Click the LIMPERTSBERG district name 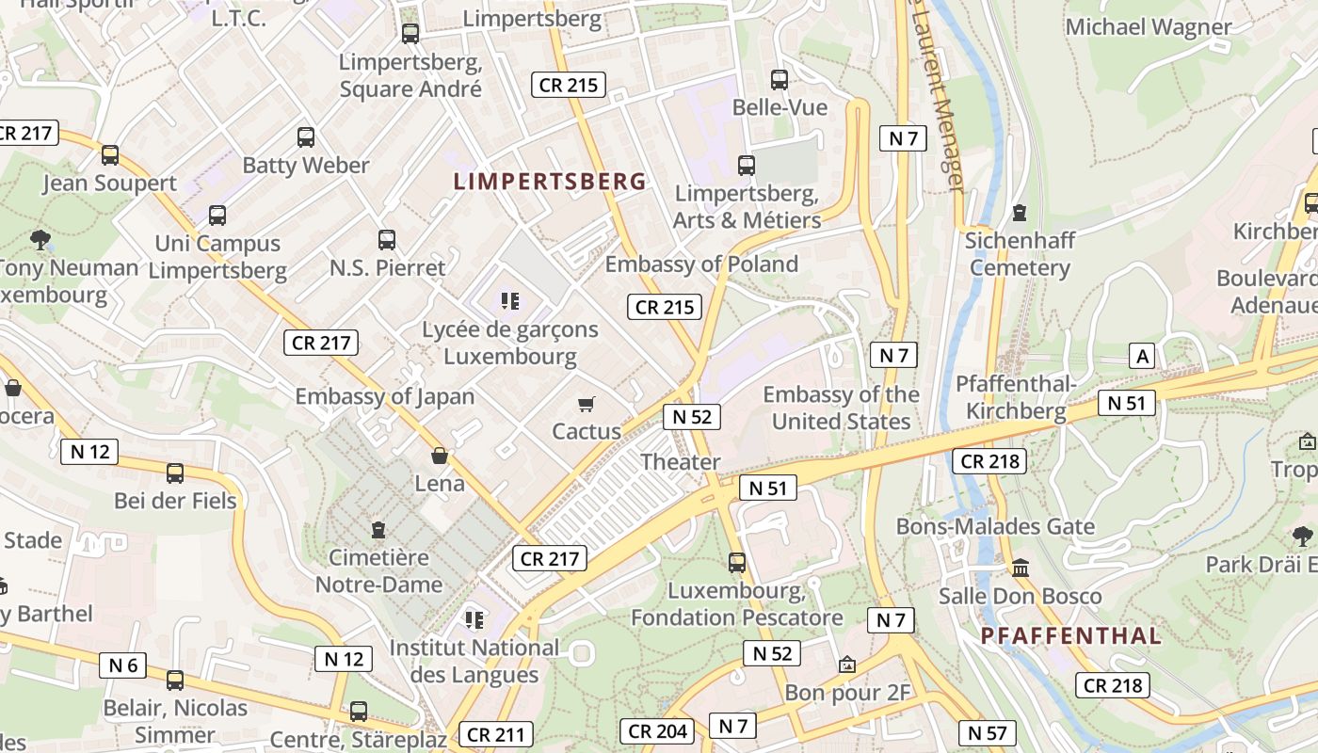550,182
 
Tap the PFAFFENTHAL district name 1070,635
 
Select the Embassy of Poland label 701,264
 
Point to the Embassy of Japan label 385,396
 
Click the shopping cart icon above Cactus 587,405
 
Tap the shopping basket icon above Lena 440,457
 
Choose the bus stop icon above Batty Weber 306,137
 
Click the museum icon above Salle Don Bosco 1021,568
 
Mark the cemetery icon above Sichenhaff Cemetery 1020,213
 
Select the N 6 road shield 123,665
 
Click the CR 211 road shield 495,734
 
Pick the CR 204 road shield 657,730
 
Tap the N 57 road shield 987,732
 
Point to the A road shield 1142,356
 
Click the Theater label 680,461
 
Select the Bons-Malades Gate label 995,526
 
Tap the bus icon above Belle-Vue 780,80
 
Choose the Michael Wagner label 1148,27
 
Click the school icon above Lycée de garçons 510,301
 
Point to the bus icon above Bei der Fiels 175,473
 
